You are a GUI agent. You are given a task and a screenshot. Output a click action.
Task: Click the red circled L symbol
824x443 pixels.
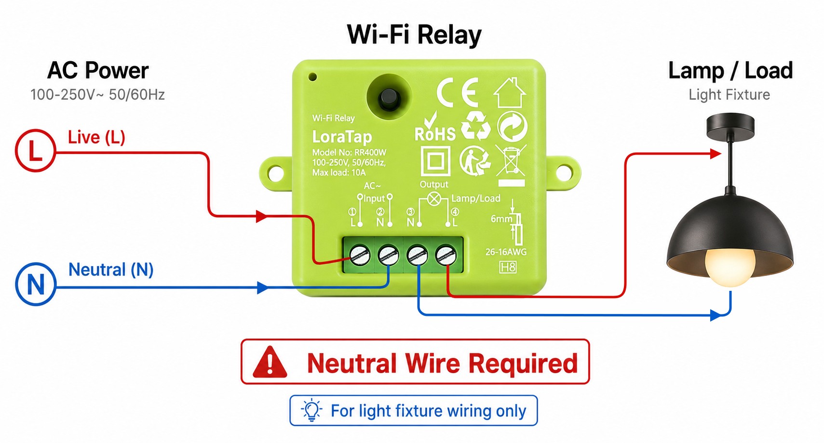click(x=35, y=150)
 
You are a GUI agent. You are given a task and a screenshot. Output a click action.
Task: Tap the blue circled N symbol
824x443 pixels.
click(x=35, y=284)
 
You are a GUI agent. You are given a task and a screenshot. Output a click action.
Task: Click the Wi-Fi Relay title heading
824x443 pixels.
click(x=414, y=35)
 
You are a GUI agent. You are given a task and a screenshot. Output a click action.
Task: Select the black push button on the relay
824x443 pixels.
click(x=389, y=97)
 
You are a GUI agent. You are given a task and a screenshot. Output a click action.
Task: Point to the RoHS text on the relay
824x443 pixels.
click(x=435, y=134)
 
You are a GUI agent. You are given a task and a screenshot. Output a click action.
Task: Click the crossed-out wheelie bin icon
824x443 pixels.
click(x=511, y=160)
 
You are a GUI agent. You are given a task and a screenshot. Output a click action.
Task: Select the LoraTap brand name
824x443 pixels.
click(x=342, y=137)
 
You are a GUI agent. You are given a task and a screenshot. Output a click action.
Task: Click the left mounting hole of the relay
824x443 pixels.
click(x=275, y=173)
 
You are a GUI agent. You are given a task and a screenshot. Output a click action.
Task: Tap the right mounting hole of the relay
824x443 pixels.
click(x=564, y=173)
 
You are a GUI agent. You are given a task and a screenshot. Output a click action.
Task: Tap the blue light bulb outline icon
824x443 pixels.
click(x=311, y=410)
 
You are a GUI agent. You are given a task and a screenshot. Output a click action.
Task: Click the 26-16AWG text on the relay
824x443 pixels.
click(x=506, y=252)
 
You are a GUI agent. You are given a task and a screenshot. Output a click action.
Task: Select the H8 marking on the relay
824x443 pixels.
click(x=508, y=267)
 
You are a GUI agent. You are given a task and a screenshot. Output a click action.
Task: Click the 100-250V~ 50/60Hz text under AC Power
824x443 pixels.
click(x=97, y=95)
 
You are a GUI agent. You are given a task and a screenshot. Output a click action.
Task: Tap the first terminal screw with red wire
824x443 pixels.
click(x=360, y=255)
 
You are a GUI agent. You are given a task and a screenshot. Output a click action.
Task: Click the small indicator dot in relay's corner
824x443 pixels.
click(x=313, y=77)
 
